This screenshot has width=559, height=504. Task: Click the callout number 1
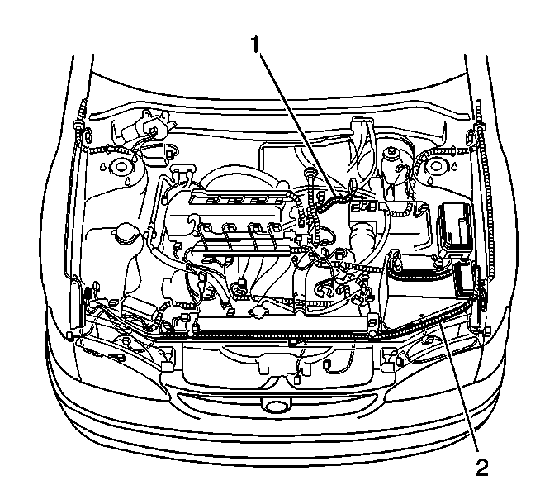(254, 45)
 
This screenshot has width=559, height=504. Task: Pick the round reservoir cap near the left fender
(126, 234)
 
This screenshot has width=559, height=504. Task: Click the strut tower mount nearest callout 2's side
(436, 166)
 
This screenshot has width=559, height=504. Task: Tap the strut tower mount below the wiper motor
(121, 167)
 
